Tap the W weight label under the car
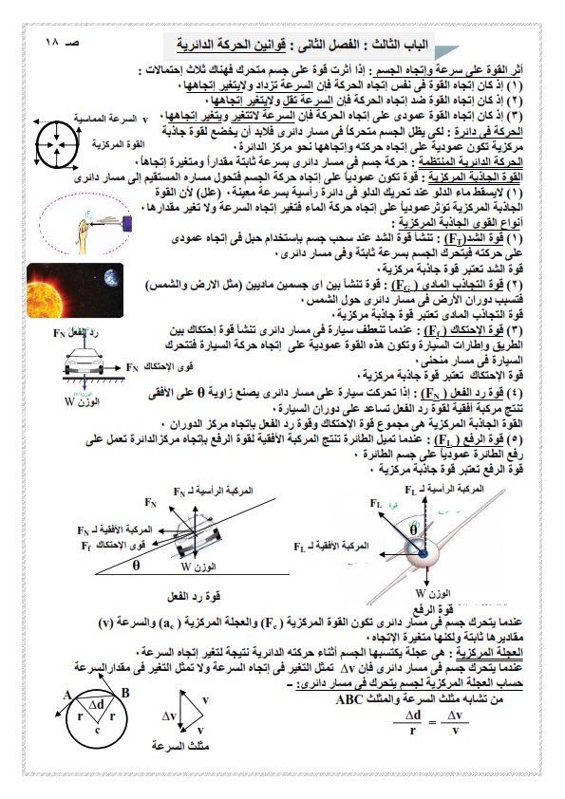[x=57, y=400]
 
